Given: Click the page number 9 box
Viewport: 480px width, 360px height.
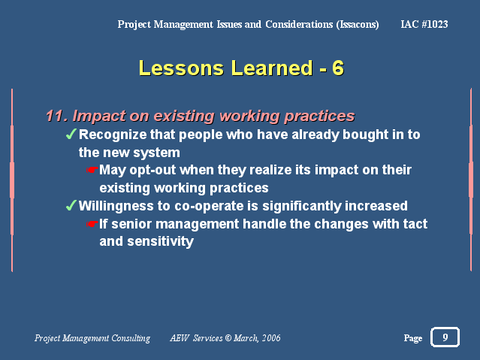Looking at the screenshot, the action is pos(445,337).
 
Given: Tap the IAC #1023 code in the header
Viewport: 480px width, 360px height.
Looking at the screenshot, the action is pos(424,24).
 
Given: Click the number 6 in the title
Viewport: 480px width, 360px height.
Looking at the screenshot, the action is pos(338,68).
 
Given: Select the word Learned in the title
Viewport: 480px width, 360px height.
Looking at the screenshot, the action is pos(272,68).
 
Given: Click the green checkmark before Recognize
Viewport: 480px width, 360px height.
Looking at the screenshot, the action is pos(71,134).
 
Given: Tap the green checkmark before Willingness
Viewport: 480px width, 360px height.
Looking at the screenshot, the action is pos(71,205).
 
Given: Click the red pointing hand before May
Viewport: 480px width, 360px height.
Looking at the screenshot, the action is pos(92,169).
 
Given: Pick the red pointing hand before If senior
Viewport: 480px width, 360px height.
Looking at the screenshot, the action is pos(92,224).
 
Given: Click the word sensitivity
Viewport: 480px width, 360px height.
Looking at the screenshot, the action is pos(161,242).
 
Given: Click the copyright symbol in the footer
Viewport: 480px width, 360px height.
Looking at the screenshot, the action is pos(228,338).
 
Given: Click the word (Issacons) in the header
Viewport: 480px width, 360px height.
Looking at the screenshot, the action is pos(358,25).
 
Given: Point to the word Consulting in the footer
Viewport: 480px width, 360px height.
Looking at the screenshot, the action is pos(131,338).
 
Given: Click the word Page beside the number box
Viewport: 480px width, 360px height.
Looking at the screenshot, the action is pos(413,338).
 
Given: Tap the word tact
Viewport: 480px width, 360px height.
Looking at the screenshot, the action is pos(415,224).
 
